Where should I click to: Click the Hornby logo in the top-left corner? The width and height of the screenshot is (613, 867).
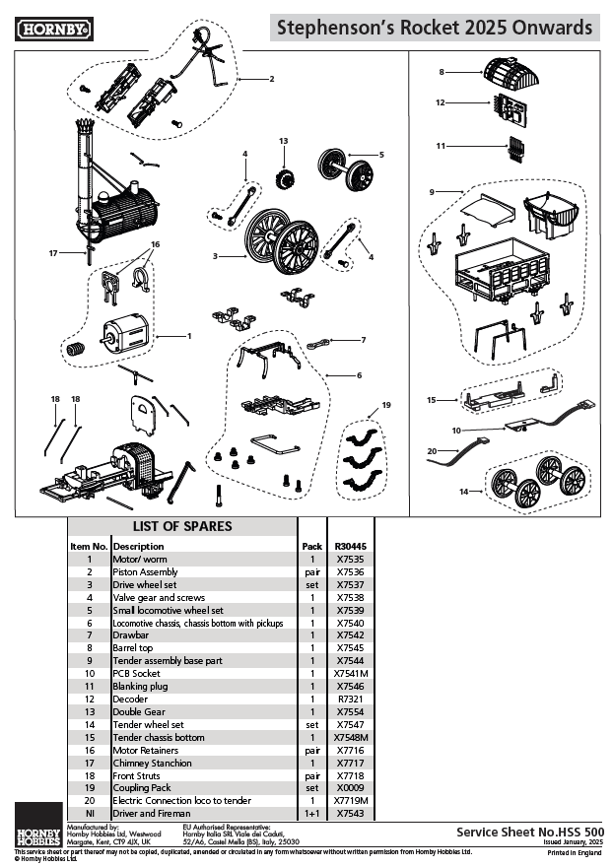tap(54, 30)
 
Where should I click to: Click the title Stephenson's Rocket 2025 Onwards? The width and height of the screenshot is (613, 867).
tap(435, 29)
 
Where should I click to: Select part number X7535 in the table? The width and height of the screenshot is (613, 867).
tap(350, 559)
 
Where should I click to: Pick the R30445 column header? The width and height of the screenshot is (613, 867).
tap(350, 546)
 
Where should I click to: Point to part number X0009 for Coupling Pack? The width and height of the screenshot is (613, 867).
tap(350, 788)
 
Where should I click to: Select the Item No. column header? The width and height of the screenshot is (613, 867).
tap(88, 546)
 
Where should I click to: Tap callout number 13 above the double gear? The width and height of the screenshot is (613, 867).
tap(282, 141)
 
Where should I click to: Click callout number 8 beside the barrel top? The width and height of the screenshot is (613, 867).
tap(443, 72)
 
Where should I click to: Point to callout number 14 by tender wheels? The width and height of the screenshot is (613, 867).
tap(464, 491)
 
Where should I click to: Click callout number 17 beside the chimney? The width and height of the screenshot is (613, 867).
tap(53, 253)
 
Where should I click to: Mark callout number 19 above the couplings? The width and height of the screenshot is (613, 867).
tap(386, 405)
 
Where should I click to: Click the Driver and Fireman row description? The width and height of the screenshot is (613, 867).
tap(145, 814)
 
